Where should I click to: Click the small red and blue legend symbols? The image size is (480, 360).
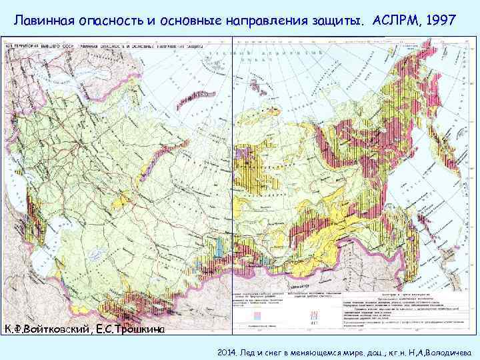[x=313, y=314]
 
